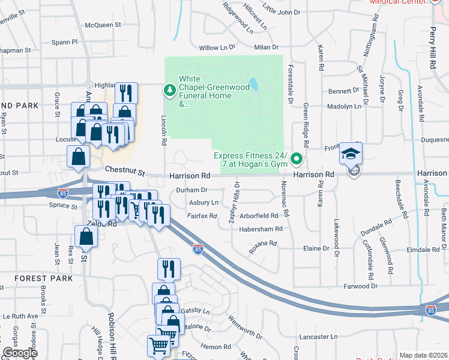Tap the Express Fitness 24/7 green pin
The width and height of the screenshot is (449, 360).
pyautogui.click(x=296, y=159)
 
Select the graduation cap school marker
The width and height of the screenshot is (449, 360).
pyautogui.click(x=350, y=154)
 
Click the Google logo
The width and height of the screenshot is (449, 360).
pyautogui.click(x=20, y=353)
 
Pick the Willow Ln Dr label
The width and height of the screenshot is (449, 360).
pyautogui.click(x=217, y=47)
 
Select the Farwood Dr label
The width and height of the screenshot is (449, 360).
pyautogui.click(x=360, y=287)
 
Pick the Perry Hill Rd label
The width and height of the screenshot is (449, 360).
pyautogui.click(x=433, y=36)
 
